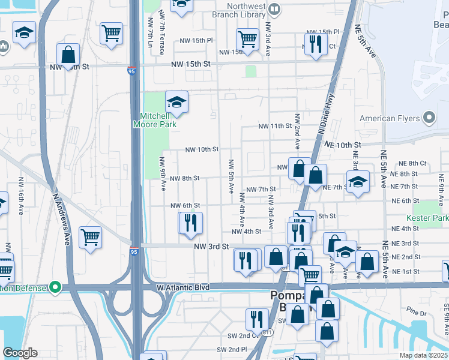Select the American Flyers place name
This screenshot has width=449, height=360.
(390, 119)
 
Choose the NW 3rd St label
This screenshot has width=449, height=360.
(211, 247)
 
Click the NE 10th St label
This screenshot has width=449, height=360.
(343, 145)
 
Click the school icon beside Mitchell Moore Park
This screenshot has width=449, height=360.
(177, 103)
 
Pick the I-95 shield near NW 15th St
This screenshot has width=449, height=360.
(131, 71)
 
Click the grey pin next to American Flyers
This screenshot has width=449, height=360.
(429, 118)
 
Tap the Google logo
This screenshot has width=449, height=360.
(20, 353)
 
